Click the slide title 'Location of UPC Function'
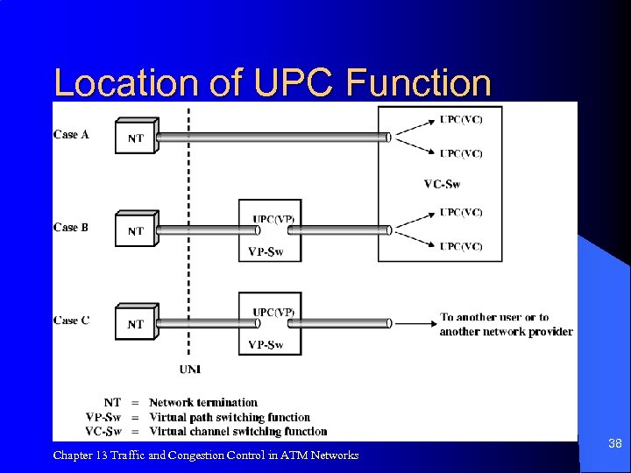pos(273,82)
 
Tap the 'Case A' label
pos(71,134)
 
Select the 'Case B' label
pos(71,227)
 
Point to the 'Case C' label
pos(71,320)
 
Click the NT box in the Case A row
pos(136,138)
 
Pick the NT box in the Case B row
pos(136,230)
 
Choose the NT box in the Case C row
pos(136,323)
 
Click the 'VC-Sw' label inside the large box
pos(442,184)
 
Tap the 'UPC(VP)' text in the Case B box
pos(273,219)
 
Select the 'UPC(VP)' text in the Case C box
pos(273,312)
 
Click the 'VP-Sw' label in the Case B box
pos(266,251)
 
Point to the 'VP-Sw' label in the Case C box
pos(266,344)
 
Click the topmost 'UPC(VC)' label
pos(461,119)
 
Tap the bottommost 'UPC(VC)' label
pos(461,246)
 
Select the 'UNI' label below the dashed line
pos(189,369)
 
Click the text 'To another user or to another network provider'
pos(506,324)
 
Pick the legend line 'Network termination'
pos(202,403)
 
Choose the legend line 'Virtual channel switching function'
pos(238,431)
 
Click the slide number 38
pos(614,444)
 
